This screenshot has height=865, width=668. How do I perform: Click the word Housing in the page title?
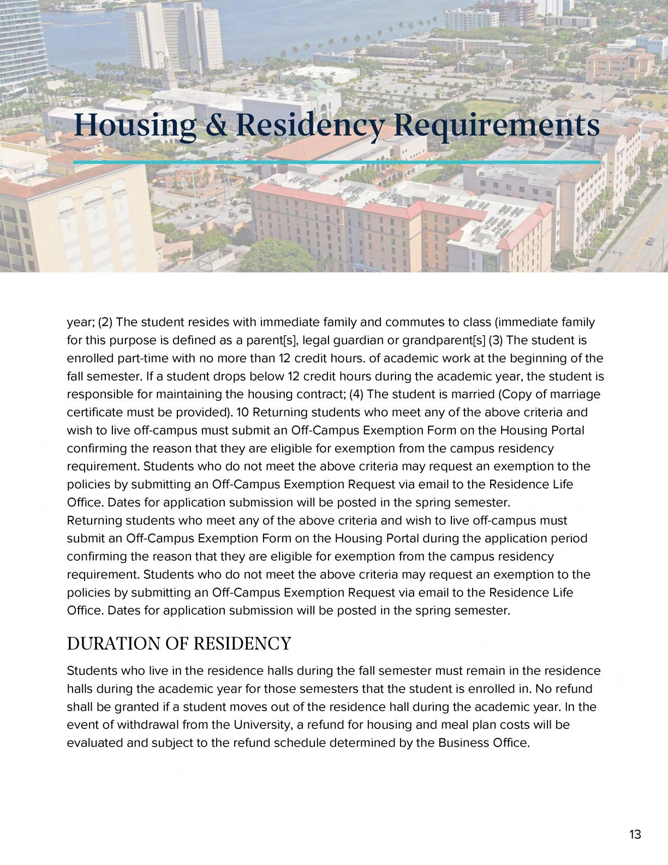tap(135, 125)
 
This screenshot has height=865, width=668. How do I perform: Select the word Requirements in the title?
tap(496, 125)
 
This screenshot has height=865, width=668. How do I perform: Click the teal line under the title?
tap(337, 162)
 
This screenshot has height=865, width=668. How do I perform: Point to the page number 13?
tap(635, 834)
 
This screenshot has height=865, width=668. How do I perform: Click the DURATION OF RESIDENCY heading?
tap(179, 643)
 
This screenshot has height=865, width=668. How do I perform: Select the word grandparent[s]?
tap(444, 340)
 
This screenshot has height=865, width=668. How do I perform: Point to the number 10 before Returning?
tap(243, 412)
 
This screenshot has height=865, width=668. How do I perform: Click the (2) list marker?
tap(105, 322)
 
